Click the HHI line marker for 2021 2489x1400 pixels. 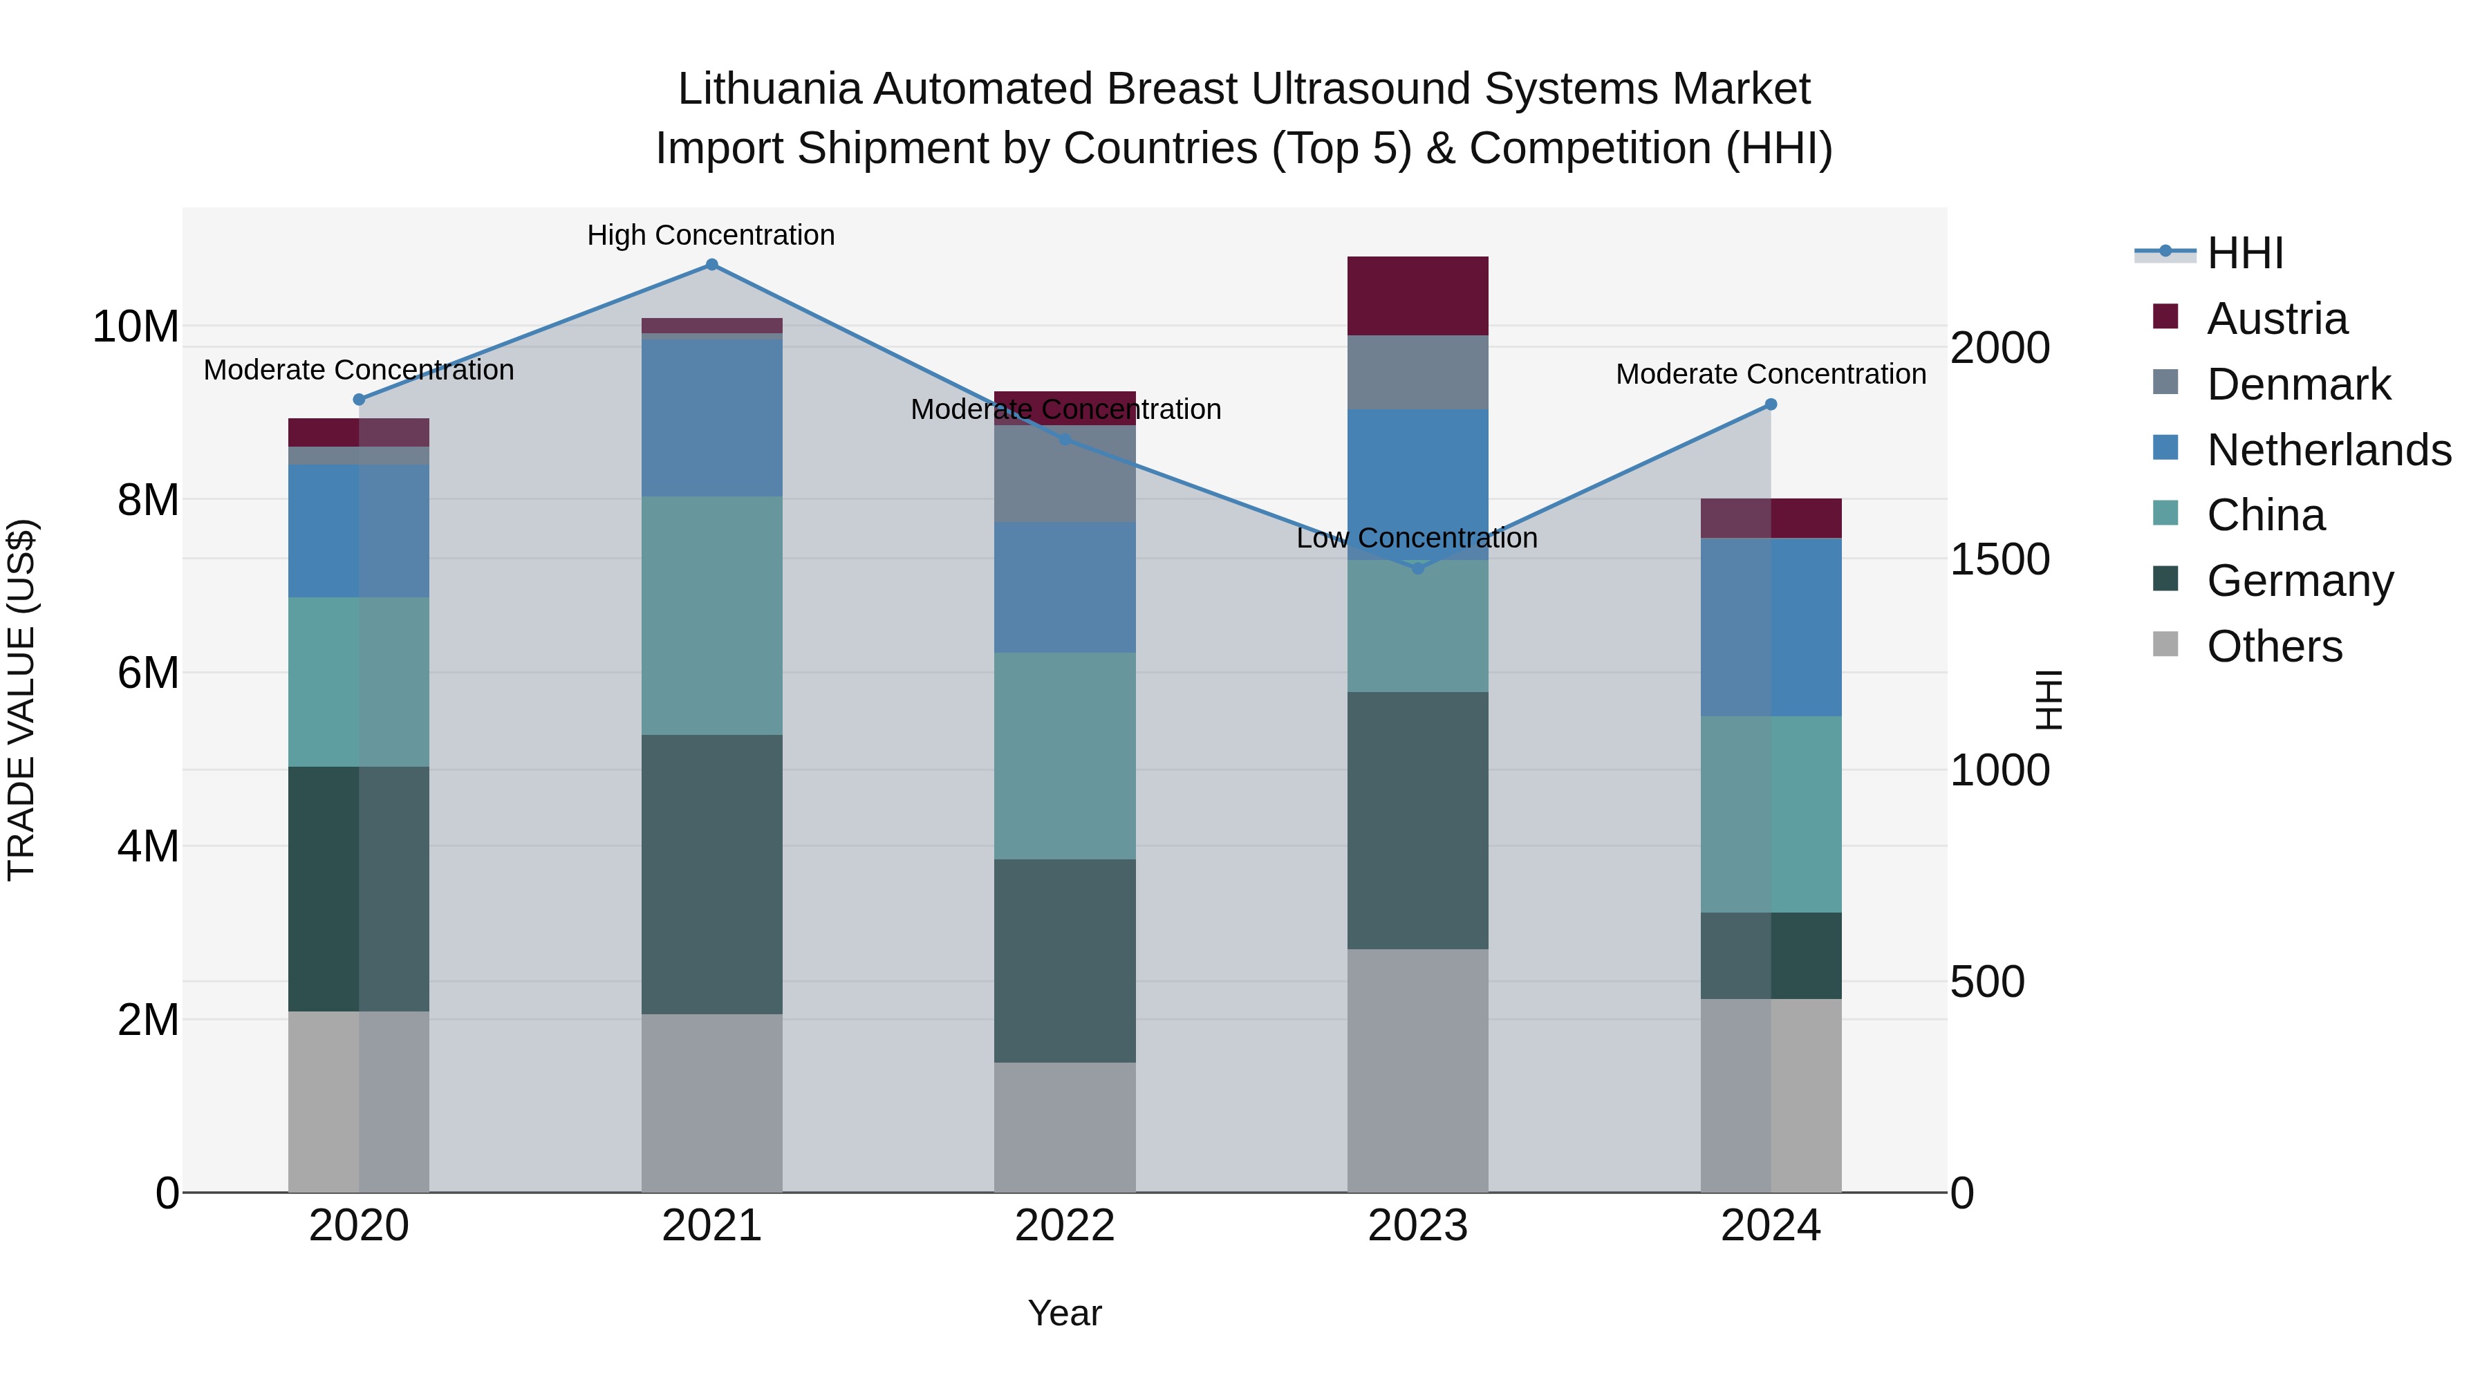(x=711, y=265)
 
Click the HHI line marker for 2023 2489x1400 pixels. (x=1417, y=568)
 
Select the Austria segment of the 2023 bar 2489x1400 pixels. (x=1417, y=296)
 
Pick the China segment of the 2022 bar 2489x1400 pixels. (x=1065, y=756)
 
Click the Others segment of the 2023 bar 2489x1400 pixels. (x=1417, y=1070)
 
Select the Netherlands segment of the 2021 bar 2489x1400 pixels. (x=711, y=418)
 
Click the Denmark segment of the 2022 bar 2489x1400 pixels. (x=1065, y=474)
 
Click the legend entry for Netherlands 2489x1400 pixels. (x=2329, y=450)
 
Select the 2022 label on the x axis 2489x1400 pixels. (x=1065, y=1226)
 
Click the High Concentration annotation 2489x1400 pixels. (x=711, y=235)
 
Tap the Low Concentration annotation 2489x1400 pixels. (x=1417, y=538)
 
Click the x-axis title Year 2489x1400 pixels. (x=1065, y=1313)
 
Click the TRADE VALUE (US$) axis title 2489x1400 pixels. (x=21, y=700)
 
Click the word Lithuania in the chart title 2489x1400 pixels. (x=769, y=89)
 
